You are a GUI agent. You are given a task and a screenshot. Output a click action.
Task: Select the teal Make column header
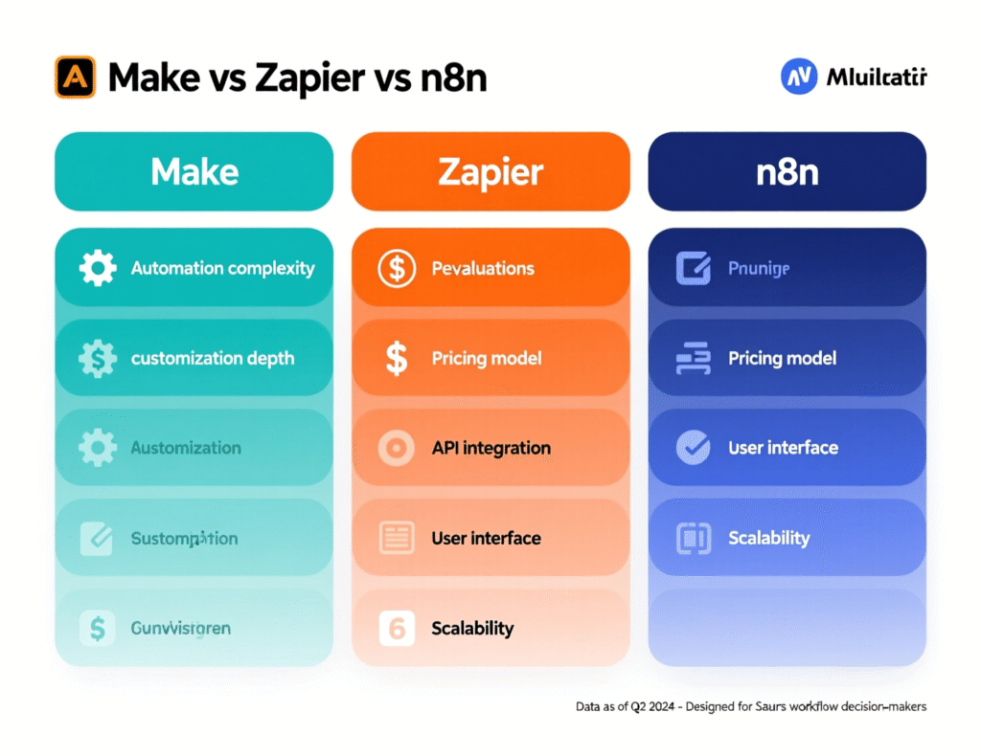[194, 172]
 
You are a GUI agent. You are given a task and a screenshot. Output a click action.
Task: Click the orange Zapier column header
[490, 172]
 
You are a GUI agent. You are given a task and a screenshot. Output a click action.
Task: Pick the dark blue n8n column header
[787, 172]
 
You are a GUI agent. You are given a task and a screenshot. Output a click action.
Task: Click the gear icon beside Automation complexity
[98, 269]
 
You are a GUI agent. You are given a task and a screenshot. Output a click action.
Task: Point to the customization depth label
[213, 359]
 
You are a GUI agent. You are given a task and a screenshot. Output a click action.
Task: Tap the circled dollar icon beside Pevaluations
[396, 269]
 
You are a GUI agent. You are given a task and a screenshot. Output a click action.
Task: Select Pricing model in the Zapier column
[487, 359]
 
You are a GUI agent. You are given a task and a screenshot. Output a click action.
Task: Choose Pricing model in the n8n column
[782, 359]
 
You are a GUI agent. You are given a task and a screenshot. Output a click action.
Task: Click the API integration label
[491, 448]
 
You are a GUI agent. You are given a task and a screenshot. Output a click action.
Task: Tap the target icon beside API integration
[396, 448]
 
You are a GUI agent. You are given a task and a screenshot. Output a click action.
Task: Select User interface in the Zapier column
[486, 538]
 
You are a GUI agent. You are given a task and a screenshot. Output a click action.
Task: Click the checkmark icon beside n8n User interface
[693, 448]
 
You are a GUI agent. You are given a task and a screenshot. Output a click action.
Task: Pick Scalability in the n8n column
[768, 538]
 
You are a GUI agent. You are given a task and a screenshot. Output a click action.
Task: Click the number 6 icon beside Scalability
[396, 628]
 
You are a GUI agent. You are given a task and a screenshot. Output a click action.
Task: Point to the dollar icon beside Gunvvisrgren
[97, 628]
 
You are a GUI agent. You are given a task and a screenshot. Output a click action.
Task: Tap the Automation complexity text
[222, 269]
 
